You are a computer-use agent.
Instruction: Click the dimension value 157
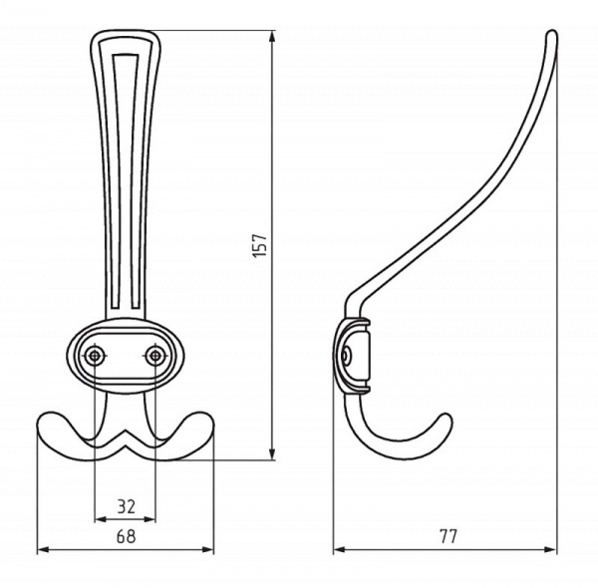pos(261,245)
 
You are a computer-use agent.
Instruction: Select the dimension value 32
pos(126,507)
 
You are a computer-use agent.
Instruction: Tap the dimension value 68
pos(126,536)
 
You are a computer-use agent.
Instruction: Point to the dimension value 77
pos(448,536)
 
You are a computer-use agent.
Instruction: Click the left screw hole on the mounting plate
pos(94,356)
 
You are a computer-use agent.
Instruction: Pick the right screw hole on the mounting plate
pos(155,356)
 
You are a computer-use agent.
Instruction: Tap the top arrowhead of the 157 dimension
pos(272,37)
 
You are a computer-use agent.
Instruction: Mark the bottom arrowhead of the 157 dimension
pos(272,453)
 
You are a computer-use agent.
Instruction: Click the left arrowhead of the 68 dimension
pos(44,549)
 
